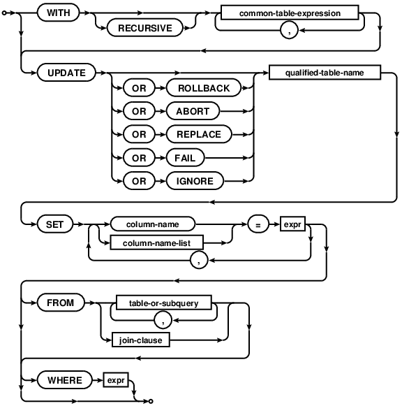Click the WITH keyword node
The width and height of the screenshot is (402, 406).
pyautogui.click(x=57, y=13)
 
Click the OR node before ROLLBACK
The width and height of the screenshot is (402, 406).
pyautogui.click(x=140, y=88)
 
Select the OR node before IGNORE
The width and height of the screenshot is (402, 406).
pyautogui.click(x=140, y=181)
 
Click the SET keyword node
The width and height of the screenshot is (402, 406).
pyautogui.click(x=54, y=225)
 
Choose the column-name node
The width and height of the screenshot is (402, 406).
pyautogui.click(x=152, y=225)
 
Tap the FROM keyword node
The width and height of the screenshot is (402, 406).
pyautogui.click(x=60, y=303)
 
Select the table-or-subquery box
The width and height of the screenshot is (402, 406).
pyautogui.click(x=164, y=303)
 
